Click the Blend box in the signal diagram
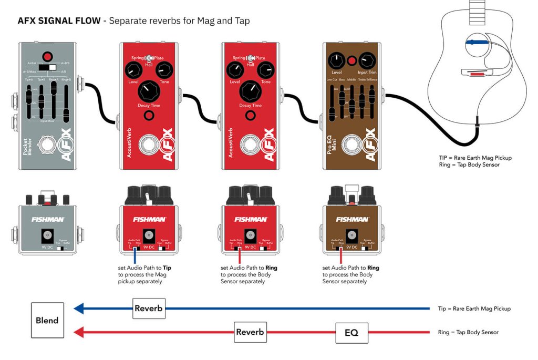[x=47, y=320]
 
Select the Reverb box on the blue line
[x=149, y=308]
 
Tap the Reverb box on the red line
[x=250, y=332]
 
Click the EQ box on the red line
[x=351, y=332]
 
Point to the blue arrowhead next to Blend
[x=79, y=308]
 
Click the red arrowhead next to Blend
[x=79, y=332]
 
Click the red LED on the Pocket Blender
[x=48, y=57]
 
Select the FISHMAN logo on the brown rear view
[x=353, y=219]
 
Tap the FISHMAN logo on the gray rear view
[x=48, y=219]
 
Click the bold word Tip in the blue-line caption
[x=167, y=268]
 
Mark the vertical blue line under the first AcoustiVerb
[x=135, y=254]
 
